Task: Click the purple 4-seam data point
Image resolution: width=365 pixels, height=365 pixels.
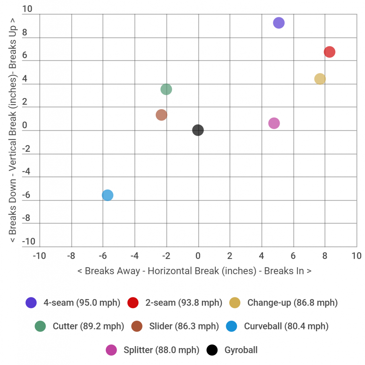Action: click(279, 23)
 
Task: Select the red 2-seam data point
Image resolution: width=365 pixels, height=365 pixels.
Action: click(329, 52)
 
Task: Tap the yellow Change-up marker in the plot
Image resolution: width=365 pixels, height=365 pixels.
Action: click(320, 79)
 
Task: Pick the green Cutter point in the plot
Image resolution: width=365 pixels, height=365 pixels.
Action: click(166, 89)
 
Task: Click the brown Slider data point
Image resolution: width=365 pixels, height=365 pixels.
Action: click(161, 115)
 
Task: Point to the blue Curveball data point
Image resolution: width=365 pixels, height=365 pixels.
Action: click(107, 195)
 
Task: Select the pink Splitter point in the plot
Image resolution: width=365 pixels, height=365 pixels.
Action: click(274, 123)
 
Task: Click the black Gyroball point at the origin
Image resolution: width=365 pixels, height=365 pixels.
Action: click(198, 130)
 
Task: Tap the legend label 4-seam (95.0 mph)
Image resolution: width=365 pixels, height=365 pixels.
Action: click(82, 303)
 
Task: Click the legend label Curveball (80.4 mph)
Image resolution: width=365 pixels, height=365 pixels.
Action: click(286, 326)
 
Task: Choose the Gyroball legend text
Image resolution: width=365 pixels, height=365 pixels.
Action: click(241, 350)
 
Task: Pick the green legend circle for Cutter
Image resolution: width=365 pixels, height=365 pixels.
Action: click(40, 326)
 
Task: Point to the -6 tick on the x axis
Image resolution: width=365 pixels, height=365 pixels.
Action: click(103, 256)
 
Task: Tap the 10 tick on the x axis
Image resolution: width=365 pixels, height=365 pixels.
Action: click(356, 256)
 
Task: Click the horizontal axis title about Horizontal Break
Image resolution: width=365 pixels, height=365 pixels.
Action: click(194, 271)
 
